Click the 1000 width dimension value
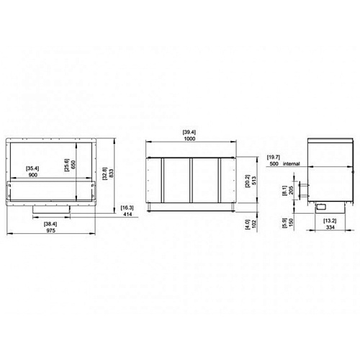click(x=189, y=138)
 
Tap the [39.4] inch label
click(x=189, y=132)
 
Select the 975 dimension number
click(x=50, y=230)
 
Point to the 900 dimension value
click(x=32, y=175)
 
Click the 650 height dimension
click(x=73, y=165)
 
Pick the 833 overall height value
click(x=111, y=174)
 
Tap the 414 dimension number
click(x=127, y=214)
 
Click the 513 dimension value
click(x=254, y=181)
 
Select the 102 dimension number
click(x=254, y=223)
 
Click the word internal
click(x=292, y=163)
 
